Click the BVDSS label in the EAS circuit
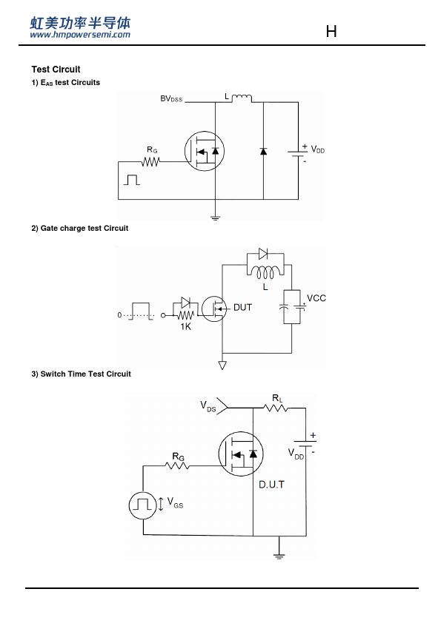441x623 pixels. [171, 98]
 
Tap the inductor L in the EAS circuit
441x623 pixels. [242, 98]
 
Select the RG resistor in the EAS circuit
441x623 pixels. [150, 162]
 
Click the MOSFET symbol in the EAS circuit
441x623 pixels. [205, 151]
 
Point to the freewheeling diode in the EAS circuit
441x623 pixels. [263, 151]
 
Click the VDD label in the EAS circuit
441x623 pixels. [318, 149]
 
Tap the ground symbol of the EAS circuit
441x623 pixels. [216, 218]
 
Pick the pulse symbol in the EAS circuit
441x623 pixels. [132, 180]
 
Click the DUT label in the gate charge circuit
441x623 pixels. [243, 307]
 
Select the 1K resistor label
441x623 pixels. [185, 326]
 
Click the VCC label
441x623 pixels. [316, 298]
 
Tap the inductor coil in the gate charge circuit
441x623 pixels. [265, 272]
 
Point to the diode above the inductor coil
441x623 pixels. [263, 254]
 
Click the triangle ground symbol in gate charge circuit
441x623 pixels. [222, 365]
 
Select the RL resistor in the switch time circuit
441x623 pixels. [276, 408]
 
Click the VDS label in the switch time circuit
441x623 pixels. [208, 406]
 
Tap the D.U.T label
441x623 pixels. [271, 485]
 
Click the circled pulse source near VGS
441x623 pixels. [142, 505]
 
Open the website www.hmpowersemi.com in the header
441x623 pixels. [80, 35]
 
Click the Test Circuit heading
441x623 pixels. [56, 70]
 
